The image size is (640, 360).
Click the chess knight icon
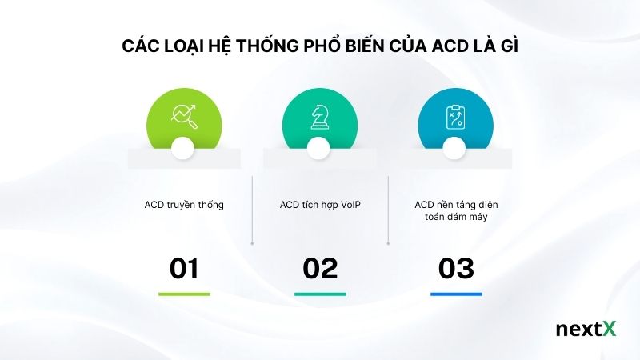click(x=318, y=117)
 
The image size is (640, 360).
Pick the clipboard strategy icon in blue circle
click(x=454, y=117)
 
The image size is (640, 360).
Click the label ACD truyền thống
click(x=184, y=205)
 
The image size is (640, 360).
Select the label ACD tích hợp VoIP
click(x=320, y=205)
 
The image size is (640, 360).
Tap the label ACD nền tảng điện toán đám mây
click(x=456, y=211)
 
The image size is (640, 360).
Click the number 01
click(x=184, y=269)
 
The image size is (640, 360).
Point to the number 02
click(x=320, y=269)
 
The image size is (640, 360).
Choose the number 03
click(x=456, y=269)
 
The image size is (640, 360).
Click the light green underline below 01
click(x=184, y=294)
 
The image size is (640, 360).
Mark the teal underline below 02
click(x=320, y=294)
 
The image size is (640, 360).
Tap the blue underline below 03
click(x=456, y=294)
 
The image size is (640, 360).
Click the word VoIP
click(x=349, y=205)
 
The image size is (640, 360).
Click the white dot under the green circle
click(x=183, y=147)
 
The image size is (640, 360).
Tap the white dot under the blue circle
click(x=454, y=147)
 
